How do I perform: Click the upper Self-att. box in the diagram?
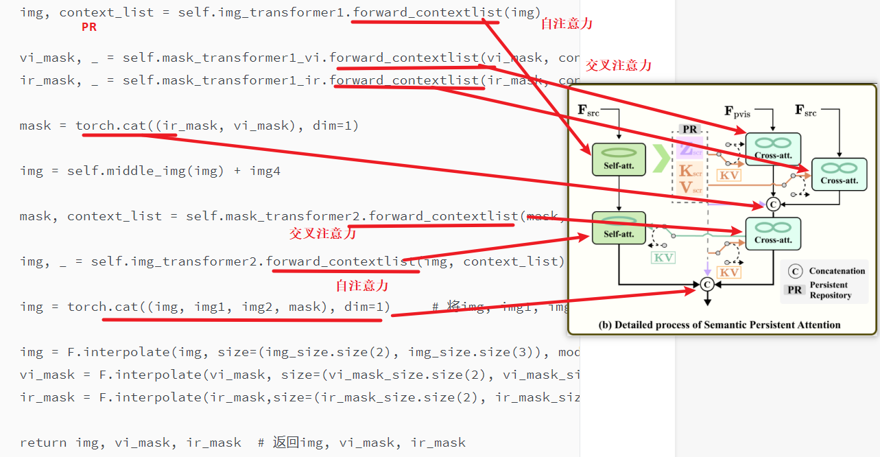click(619, 159)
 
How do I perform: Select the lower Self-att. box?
click(619, 228)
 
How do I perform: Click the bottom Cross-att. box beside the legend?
click(773, 234)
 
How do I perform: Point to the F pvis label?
click(737, 111)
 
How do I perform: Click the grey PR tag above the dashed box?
click(689, 129)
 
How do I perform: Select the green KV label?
click(663, 258)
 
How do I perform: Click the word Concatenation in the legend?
click(837, 271)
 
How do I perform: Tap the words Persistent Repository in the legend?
click(830, 290)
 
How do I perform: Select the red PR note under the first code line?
click(89, 27)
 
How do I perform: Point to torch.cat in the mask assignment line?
click(105, 126)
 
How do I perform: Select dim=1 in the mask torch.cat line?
click(335, 126)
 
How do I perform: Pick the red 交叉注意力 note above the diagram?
click(618, 66)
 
